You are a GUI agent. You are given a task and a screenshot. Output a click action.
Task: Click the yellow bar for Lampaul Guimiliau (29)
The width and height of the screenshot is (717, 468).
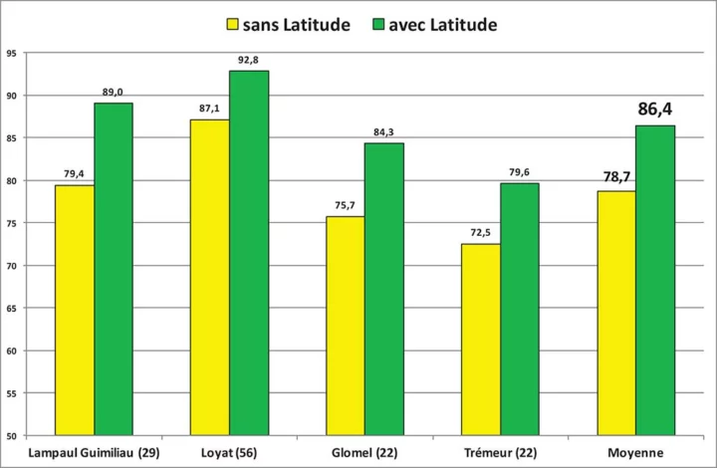click(75, 310)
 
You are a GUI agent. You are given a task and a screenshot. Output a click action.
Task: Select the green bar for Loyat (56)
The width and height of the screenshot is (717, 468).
click(249, 253)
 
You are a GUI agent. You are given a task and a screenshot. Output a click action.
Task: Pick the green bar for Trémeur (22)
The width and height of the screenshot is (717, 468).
click(519, 309)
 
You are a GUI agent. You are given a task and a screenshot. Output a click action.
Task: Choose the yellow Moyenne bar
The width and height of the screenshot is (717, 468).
click(615, 313)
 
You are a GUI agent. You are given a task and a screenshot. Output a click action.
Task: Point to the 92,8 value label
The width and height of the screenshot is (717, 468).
click(249, 60)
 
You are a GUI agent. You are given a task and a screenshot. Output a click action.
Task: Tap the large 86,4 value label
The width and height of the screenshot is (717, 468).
click(656, 108)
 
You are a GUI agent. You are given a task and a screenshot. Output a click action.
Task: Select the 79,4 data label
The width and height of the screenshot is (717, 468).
click(75, 174)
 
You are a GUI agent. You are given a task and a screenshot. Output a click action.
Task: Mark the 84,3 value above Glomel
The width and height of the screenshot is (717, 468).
click(383, 132)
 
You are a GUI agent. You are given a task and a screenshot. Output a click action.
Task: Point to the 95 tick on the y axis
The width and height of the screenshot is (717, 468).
click(13, 53)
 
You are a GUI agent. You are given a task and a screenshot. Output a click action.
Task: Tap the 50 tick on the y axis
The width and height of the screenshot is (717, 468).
click(13, 436)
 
